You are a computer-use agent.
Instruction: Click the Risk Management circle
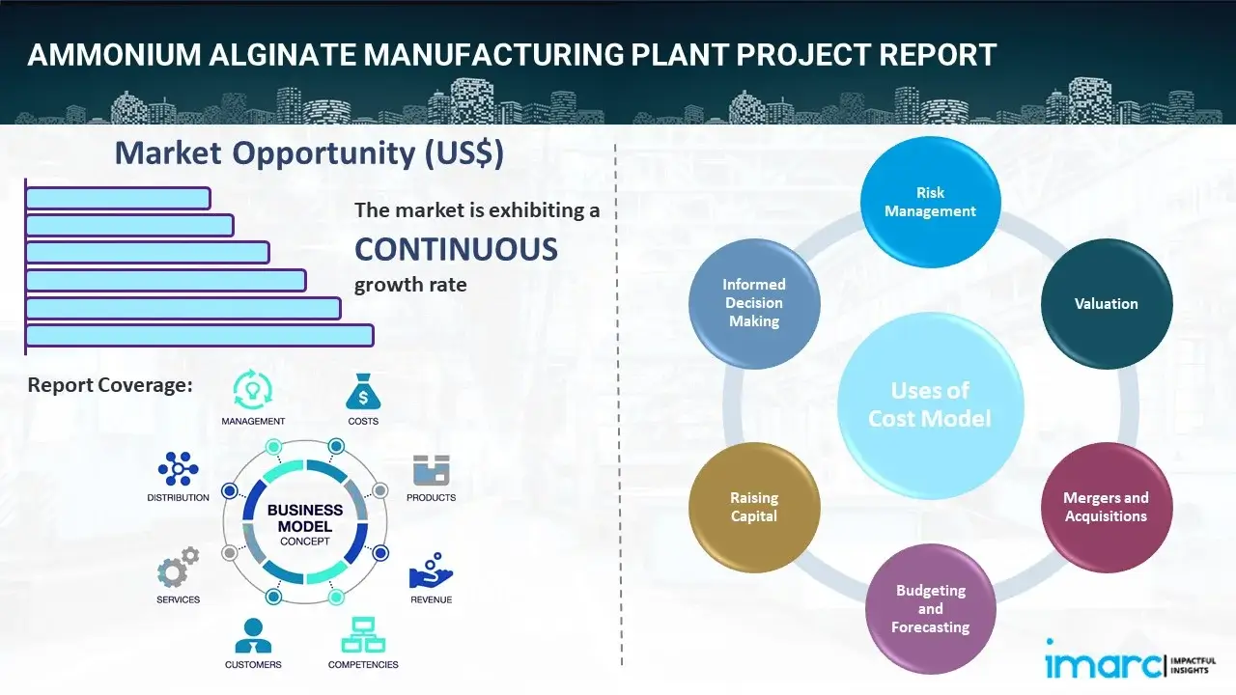930,203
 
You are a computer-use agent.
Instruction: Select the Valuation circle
1106,304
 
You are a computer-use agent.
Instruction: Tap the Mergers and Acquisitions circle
1106,507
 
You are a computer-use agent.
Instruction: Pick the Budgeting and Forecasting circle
930,608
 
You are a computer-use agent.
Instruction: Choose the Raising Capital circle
754,507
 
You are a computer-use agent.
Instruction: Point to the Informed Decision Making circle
754,303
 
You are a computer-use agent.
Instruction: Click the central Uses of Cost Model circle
930,404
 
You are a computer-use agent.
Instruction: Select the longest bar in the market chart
199,335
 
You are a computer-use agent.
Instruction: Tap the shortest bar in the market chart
118,198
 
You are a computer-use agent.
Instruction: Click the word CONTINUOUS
456,250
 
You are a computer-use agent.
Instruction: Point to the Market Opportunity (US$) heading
309,153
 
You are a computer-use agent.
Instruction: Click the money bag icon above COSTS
363,393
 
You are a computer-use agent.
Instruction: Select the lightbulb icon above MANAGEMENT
253,390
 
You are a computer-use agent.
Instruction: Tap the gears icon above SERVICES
178,570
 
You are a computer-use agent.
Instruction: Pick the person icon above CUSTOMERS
253,635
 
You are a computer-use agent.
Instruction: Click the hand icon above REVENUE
431,571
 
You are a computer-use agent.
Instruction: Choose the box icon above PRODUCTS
431,471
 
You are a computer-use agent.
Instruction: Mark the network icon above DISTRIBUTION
178,469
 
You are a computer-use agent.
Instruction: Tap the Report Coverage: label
110,385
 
